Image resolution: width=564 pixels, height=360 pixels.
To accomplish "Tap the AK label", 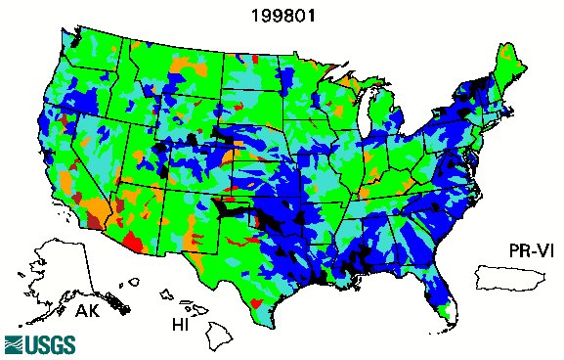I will (88, 314).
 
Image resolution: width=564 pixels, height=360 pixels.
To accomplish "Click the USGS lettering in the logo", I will (45, 344).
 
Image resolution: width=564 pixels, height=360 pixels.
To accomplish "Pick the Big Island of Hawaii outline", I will (217, 338).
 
